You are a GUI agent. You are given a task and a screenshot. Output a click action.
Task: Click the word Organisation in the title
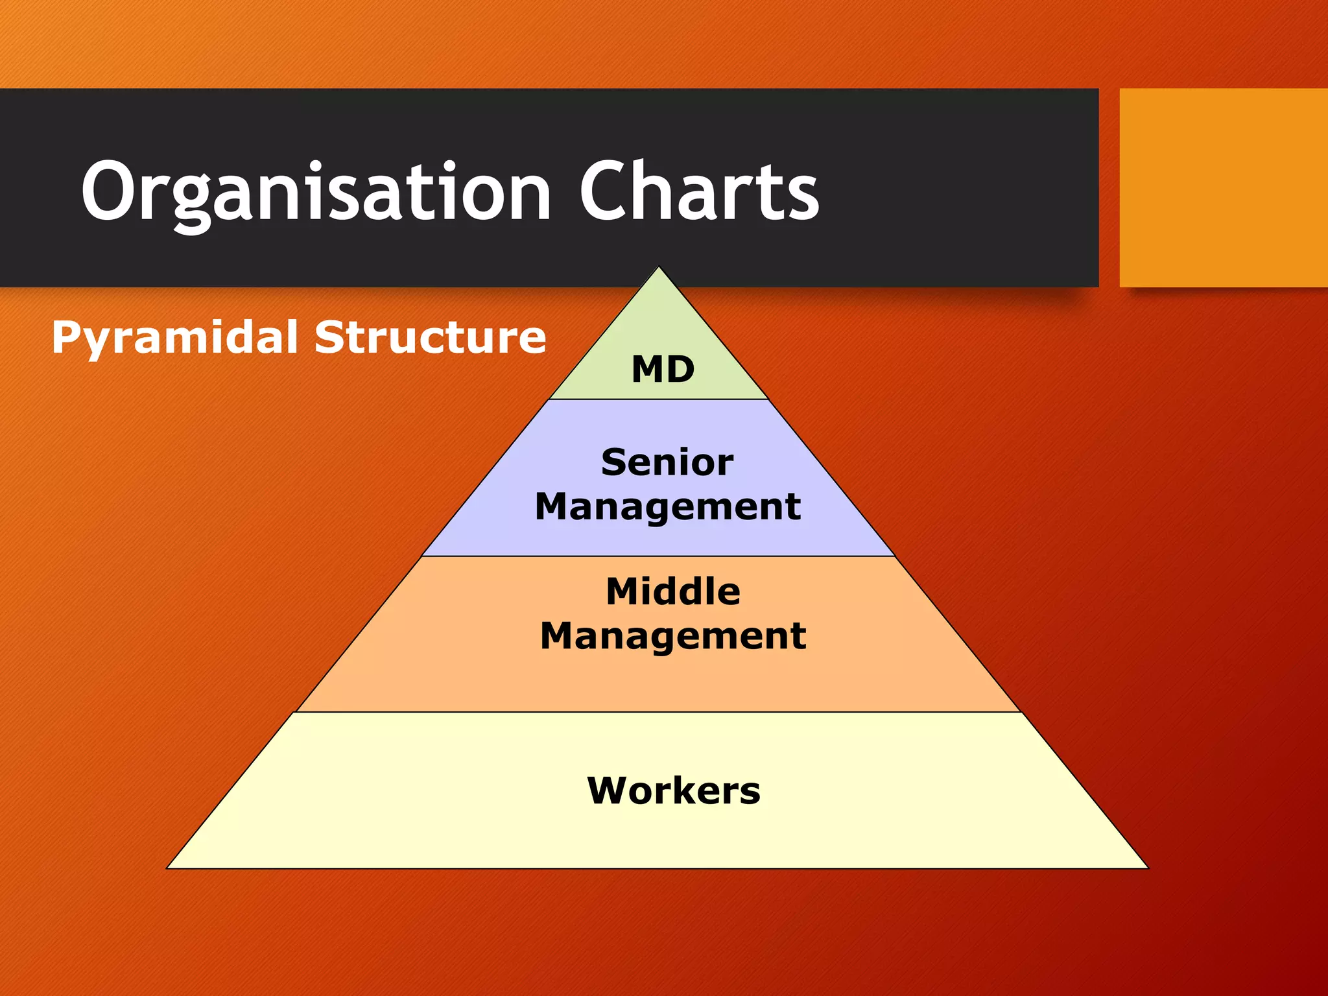click(316, 192)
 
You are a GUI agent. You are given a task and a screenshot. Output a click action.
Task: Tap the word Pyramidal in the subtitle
click(174, 338)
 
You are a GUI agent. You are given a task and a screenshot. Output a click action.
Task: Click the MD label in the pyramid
click(663, 370)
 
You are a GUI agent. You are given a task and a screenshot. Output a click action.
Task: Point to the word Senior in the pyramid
click(667, 462)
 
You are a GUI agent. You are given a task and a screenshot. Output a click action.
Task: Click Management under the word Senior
click(668, 506)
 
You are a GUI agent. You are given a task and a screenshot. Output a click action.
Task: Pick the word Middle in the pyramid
click(673, 591)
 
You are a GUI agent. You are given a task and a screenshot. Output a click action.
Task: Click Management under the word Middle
click(673, 635)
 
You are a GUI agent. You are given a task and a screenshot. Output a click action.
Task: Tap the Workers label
click(674, 790)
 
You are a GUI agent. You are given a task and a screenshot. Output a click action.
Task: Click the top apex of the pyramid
click(659, 268)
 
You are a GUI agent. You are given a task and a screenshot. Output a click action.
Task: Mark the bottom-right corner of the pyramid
click(1146, 868)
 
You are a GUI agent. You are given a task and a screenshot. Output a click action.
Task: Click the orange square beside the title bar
click(1223, 187)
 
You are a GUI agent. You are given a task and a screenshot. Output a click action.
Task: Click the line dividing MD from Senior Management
click(659, 399)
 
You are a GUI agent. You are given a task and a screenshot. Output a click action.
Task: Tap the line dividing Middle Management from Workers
click(659, 712)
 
